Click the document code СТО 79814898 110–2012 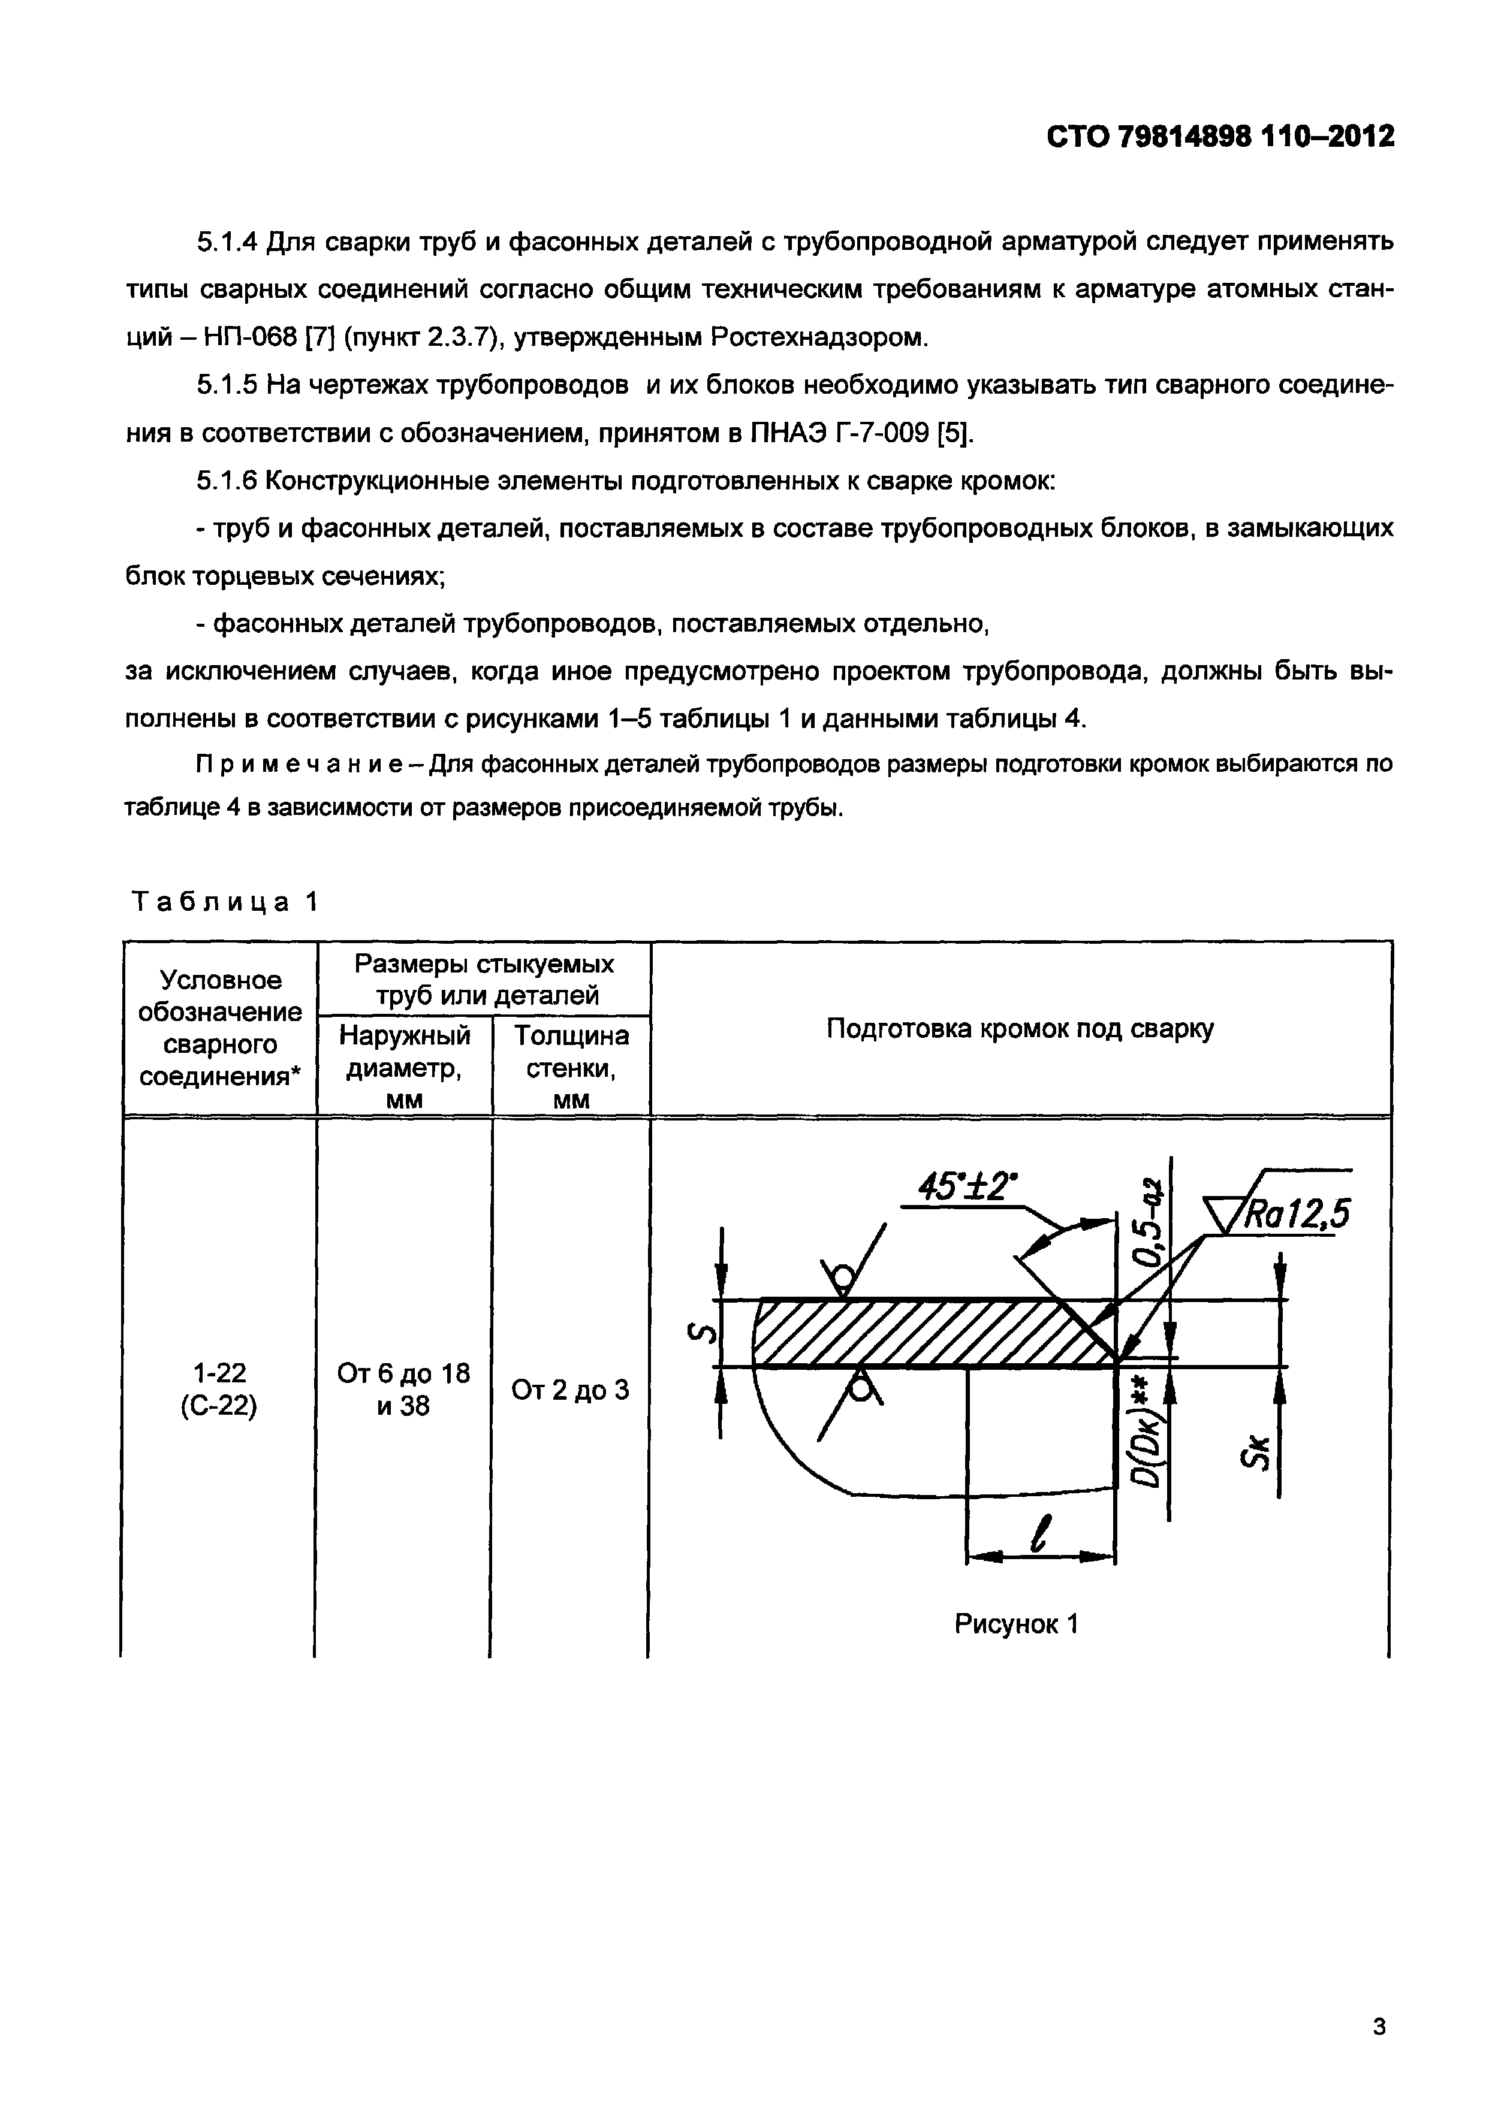tap(1220, 137)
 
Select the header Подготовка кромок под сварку tap(1020, 1029)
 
